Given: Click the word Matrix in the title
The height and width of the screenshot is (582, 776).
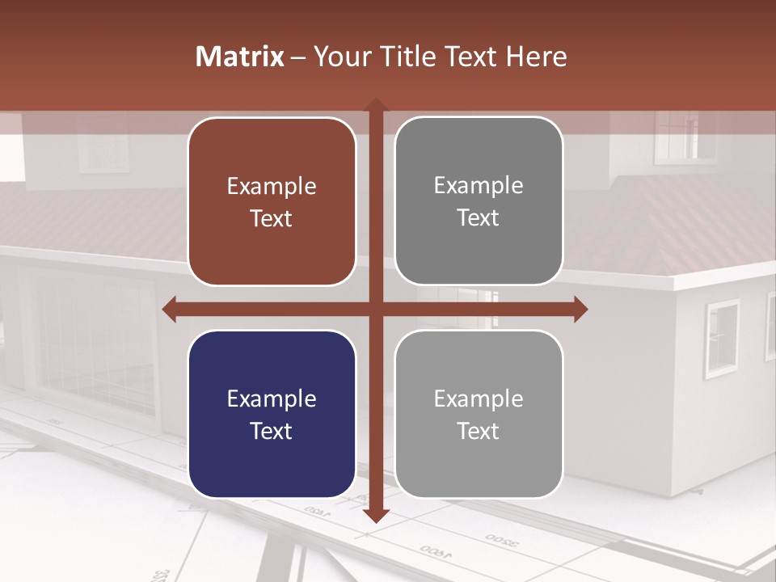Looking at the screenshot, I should (x=239, y=57).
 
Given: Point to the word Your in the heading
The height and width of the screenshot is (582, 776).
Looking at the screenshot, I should (x=337, y=57).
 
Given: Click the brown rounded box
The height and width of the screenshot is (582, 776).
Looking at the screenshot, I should (x=272, y=201).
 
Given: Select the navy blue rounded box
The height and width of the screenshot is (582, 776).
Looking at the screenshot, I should (x=272, y=414).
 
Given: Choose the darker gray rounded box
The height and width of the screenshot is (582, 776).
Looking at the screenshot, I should (x=479, y=201).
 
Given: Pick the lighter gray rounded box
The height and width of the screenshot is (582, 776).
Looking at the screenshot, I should (x=479, y=414).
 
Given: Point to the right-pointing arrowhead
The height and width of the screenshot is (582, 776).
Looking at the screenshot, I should (x=580, y=309).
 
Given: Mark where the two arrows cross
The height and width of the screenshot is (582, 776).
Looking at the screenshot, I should (x=375, y=309).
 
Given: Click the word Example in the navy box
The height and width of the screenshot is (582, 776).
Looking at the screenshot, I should (x=272, y=399).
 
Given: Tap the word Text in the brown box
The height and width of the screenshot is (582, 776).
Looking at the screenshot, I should (x=272, y=218).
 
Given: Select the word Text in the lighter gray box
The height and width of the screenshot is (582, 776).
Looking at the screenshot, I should (x=479, y=431).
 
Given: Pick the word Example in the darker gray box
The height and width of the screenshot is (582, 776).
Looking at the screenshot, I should (x=479, y=186).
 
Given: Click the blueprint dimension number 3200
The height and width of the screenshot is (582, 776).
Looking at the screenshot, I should (x=502, y=539).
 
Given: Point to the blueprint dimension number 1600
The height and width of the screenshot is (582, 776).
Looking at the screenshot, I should (x=436, y=553).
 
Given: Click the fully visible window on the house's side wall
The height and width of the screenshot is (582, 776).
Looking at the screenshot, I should (x=722, y=338).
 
